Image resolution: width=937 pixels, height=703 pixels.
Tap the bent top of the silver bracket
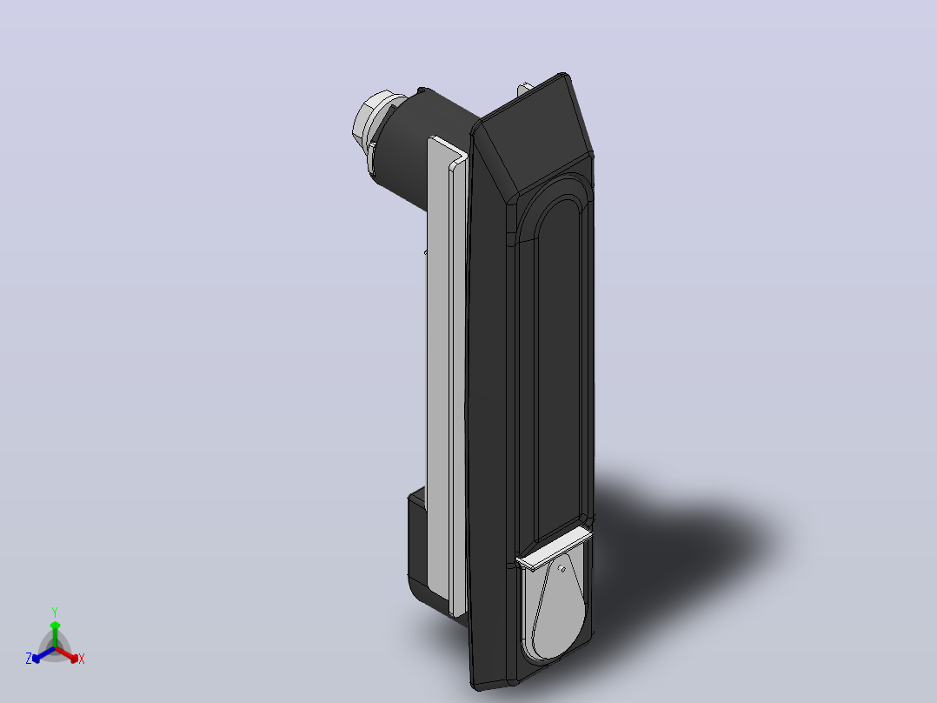pos(449,151)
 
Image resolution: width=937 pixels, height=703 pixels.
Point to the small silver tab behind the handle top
pos(524,89)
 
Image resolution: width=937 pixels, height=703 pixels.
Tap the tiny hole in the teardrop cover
pos(562,569)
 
